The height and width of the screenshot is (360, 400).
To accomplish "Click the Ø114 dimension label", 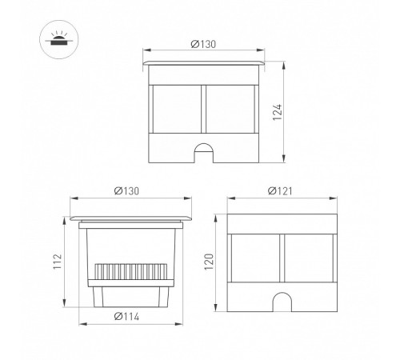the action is tap(126, 317).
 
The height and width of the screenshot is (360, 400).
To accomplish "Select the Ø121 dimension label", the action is tap(280, 191).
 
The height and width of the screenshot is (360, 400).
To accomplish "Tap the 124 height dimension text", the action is tap(278, 112).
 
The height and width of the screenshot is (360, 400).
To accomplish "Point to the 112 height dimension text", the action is tap(58, 262).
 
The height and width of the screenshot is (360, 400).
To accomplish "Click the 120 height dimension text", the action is tap(209, 262).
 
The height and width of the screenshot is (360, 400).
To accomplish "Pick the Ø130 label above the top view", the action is tap(203, 44).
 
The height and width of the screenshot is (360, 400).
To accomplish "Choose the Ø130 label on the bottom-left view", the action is tap(126, 191).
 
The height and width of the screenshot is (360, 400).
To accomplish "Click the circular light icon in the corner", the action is tap(59, 39).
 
